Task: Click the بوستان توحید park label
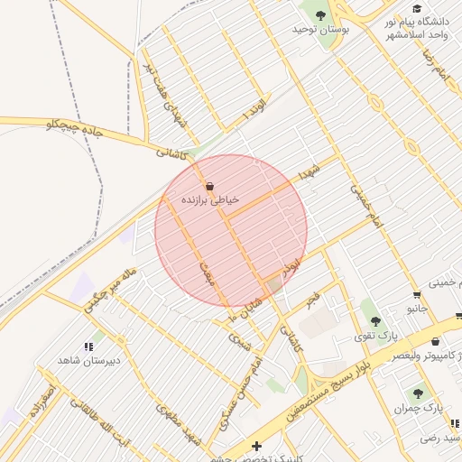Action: [x=319, y=30]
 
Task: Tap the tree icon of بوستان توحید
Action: [x=319, y=14]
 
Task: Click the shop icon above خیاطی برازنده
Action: [x=210, y=184]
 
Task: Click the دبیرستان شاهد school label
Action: [x=89, y=360]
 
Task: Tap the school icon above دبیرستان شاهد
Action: [x=89, y=346]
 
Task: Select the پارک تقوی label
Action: [x=377, y=336]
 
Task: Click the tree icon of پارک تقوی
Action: [x=375, y=320]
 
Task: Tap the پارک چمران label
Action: [x=419, y=409]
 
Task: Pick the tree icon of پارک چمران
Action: [x=418, y=393]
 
